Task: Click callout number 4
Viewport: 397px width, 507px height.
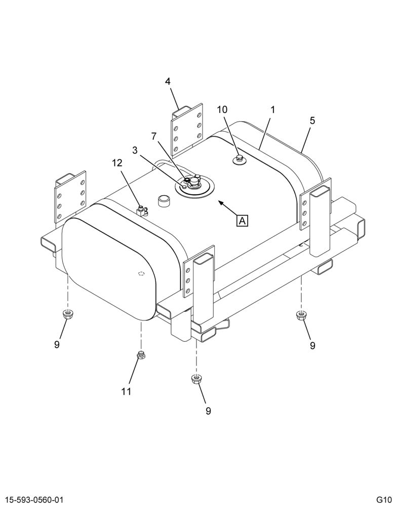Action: [x=168, y=82]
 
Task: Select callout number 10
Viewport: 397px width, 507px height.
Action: [x=222, y=110]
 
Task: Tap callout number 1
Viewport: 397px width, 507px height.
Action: [x=272, y=110]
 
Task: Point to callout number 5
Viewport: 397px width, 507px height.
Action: [x=312, y=121]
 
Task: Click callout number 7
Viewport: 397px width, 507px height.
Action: [x=155, y=136]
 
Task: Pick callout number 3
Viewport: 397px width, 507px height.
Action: [x=135, y=150]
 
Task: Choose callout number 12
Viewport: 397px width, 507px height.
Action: [x=117, y=163]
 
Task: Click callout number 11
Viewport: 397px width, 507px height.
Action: [x=126, y=391]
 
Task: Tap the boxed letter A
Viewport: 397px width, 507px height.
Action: [x=242, y=221]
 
